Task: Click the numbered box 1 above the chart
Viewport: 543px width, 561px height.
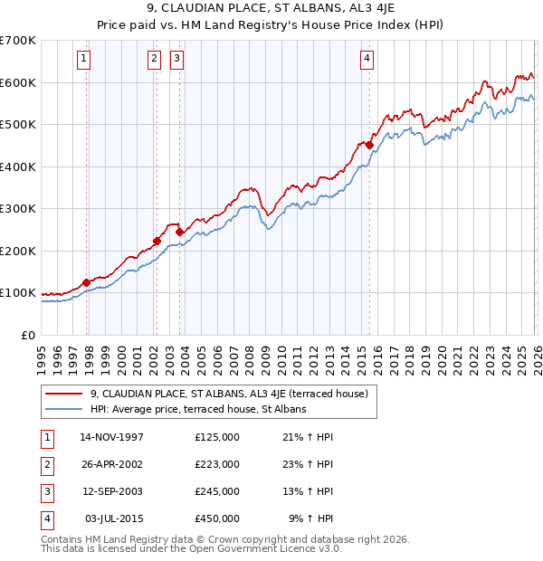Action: pyautogui.click(x=83, y=60)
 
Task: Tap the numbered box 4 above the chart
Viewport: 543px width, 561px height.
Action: pyautogui.click(x=367, y=60)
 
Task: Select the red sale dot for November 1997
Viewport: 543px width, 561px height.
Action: pyautogui.click(x=87, y=282)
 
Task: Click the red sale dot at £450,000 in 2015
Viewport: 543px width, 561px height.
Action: pyautogui.click(x=369, y=145)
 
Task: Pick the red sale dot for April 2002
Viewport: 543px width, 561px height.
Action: pyautogui.click(x=157, y=241)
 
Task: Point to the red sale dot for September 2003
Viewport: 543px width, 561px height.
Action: pyautogui.click(x=179, y=232)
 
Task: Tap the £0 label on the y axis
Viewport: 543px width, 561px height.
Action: pyautogui.click(x=28, y=335)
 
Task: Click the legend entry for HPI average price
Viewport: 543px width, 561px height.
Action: pyautogui.click(x=198, y=409)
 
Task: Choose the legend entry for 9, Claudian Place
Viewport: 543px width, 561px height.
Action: pyautogui.click(x=228, y=394)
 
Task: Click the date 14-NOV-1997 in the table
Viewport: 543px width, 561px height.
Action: pyautogui.click(x=111, y=437)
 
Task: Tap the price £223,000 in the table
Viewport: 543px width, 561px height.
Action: pyautogui.click(x=216, y=464)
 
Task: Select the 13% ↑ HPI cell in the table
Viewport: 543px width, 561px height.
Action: pyautogui.click(x=310, y=491)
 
